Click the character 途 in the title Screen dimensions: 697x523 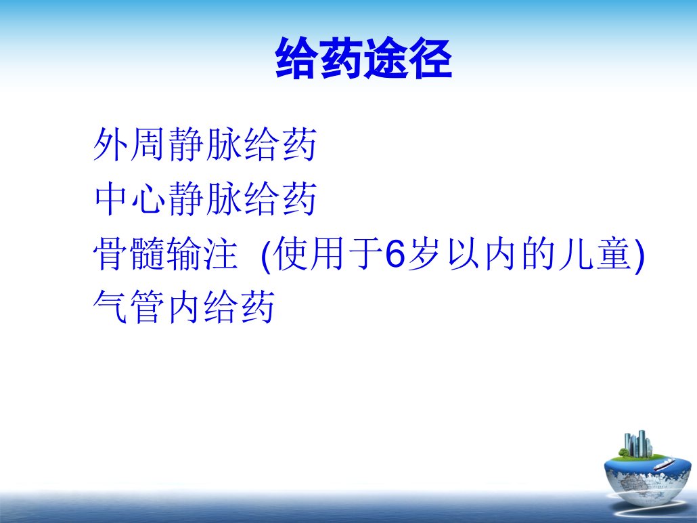[x=386, y=58]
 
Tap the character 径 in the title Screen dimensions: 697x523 [x=430, y=58]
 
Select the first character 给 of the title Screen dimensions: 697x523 [x=297, y=58]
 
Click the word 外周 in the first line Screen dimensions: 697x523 [x=129, y=144]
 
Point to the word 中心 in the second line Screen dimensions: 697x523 [x=129, y=198]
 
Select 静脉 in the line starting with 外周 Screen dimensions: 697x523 [x=205, y=144]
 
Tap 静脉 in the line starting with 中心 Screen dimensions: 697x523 [x=205, y=198]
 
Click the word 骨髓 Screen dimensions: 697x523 [x=129, y=254]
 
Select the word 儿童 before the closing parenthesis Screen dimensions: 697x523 [x=595, y=254]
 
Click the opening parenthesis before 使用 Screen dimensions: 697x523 [x=266, y=255]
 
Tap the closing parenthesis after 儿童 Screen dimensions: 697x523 [x=639, y=255]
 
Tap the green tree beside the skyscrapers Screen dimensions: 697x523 [x=624, y=453]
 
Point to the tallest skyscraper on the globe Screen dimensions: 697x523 [x=642, y=443]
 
